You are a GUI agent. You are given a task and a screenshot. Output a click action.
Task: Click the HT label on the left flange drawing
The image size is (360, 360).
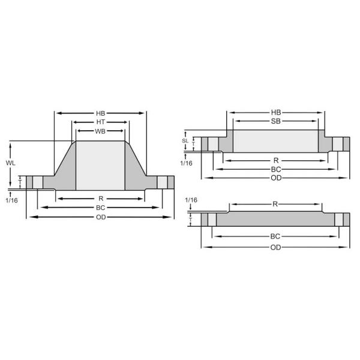(100, 122)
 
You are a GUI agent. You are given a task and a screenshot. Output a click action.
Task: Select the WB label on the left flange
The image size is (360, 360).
(100, 131)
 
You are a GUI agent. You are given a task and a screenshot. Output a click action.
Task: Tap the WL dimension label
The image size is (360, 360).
(11, 163)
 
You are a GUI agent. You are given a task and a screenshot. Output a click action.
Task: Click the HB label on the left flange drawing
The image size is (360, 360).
(100, 112)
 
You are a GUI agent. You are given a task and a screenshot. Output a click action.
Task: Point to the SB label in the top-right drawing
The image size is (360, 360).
(275, 121)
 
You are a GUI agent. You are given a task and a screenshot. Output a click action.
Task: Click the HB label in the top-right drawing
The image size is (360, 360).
(275, 112)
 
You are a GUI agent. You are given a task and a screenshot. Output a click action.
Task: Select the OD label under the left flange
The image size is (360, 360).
(101, 217)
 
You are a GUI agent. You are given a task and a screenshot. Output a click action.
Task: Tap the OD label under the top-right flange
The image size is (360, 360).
(275, 178)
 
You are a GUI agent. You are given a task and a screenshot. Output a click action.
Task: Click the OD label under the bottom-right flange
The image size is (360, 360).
(275, 247)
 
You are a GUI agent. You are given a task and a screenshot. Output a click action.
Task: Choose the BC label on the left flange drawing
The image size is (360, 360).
(101, 208)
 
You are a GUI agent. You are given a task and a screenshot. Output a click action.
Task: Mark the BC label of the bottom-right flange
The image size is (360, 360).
(275, 236)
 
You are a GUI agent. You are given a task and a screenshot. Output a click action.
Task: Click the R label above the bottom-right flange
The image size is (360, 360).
(275, 204)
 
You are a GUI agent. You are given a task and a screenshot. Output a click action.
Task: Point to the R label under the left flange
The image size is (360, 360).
(101, 198)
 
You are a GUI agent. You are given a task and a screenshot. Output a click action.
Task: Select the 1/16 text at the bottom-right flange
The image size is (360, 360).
(191, 199)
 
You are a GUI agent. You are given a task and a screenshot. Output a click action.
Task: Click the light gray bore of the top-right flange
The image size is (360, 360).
(275, 142)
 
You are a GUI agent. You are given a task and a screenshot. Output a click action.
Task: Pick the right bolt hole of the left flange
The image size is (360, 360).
(161, 182)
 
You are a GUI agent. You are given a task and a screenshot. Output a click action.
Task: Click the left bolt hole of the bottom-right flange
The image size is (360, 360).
(212, 219)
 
